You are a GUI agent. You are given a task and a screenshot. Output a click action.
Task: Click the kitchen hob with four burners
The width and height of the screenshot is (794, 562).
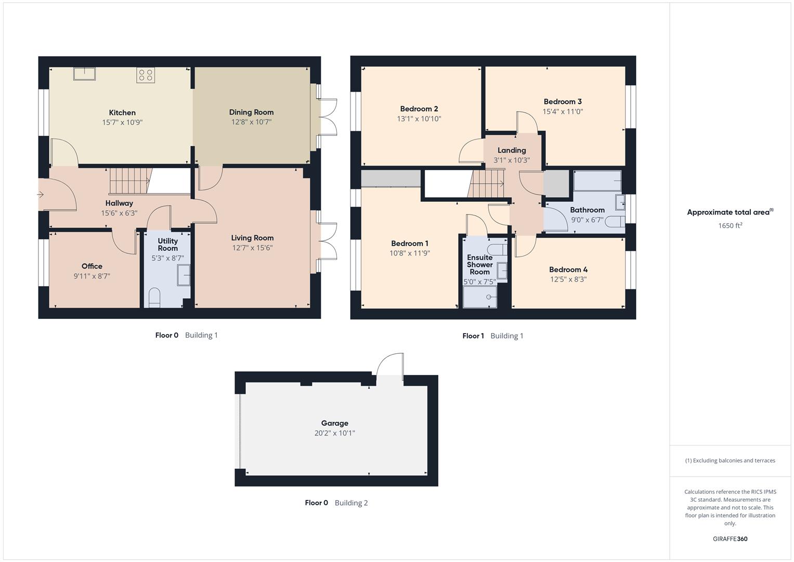coord(146,75)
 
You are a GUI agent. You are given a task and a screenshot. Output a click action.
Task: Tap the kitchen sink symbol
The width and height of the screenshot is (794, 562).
coord(84,73)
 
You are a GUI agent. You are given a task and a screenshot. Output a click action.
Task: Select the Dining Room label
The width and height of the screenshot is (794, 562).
coord(251,112)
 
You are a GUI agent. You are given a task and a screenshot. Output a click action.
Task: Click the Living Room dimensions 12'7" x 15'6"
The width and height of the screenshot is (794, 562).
coord(252,248)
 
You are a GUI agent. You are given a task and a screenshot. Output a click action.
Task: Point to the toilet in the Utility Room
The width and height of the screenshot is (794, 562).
coord(154,298)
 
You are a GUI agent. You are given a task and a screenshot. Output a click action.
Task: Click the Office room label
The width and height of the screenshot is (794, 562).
coord(92,266)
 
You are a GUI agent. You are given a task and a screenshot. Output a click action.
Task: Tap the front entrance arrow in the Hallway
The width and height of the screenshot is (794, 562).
coord(41,195)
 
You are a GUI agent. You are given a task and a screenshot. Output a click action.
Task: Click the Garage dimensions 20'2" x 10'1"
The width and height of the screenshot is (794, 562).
coord(334,433)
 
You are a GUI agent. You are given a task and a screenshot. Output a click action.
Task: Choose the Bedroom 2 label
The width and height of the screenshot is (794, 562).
coord(419,109)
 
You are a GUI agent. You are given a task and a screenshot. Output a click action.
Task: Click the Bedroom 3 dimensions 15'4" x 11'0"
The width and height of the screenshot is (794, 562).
coord(563,111)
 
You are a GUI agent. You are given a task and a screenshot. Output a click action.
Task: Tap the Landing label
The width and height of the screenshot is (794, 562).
coord(512,150)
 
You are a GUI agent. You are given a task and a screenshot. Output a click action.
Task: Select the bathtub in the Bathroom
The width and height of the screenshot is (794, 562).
coord(597,181)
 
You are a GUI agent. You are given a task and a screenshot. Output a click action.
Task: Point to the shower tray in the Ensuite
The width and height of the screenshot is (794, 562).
coord(479,297)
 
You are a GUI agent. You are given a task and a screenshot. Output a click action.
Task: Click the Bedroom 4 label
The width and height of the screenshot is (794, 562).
coord(568,270)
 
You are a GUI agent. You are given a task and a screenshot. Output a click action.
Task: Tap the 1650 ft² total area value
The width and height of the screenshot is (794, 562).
coord(730,226)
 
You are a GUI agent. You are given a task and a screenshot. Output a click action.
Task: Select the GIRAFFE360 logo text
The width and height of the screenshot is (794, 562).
coord(730,539)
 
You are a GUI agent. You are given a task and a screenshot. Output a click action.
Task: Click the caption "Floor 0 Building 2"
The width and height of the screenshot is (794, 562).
coord(336,503)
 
